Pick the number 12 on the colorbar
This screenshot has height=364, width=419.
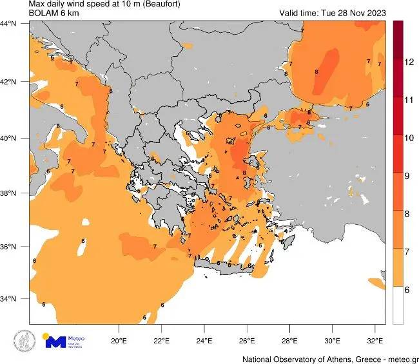pyautogui.click(x=408, y=62)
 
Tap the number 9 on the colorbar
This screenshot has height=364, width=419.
pyautogui.click(x=408, y=175)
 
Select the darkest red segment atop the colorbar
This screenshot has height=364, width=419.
pyautogui.click(x=398, y=29)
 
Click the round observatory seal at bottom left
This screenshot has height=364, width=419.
pyautogui.click(x=25, y=341)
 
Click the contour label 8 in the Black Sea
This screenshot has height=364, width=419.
pyautogui.click(x=316, y=72)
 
